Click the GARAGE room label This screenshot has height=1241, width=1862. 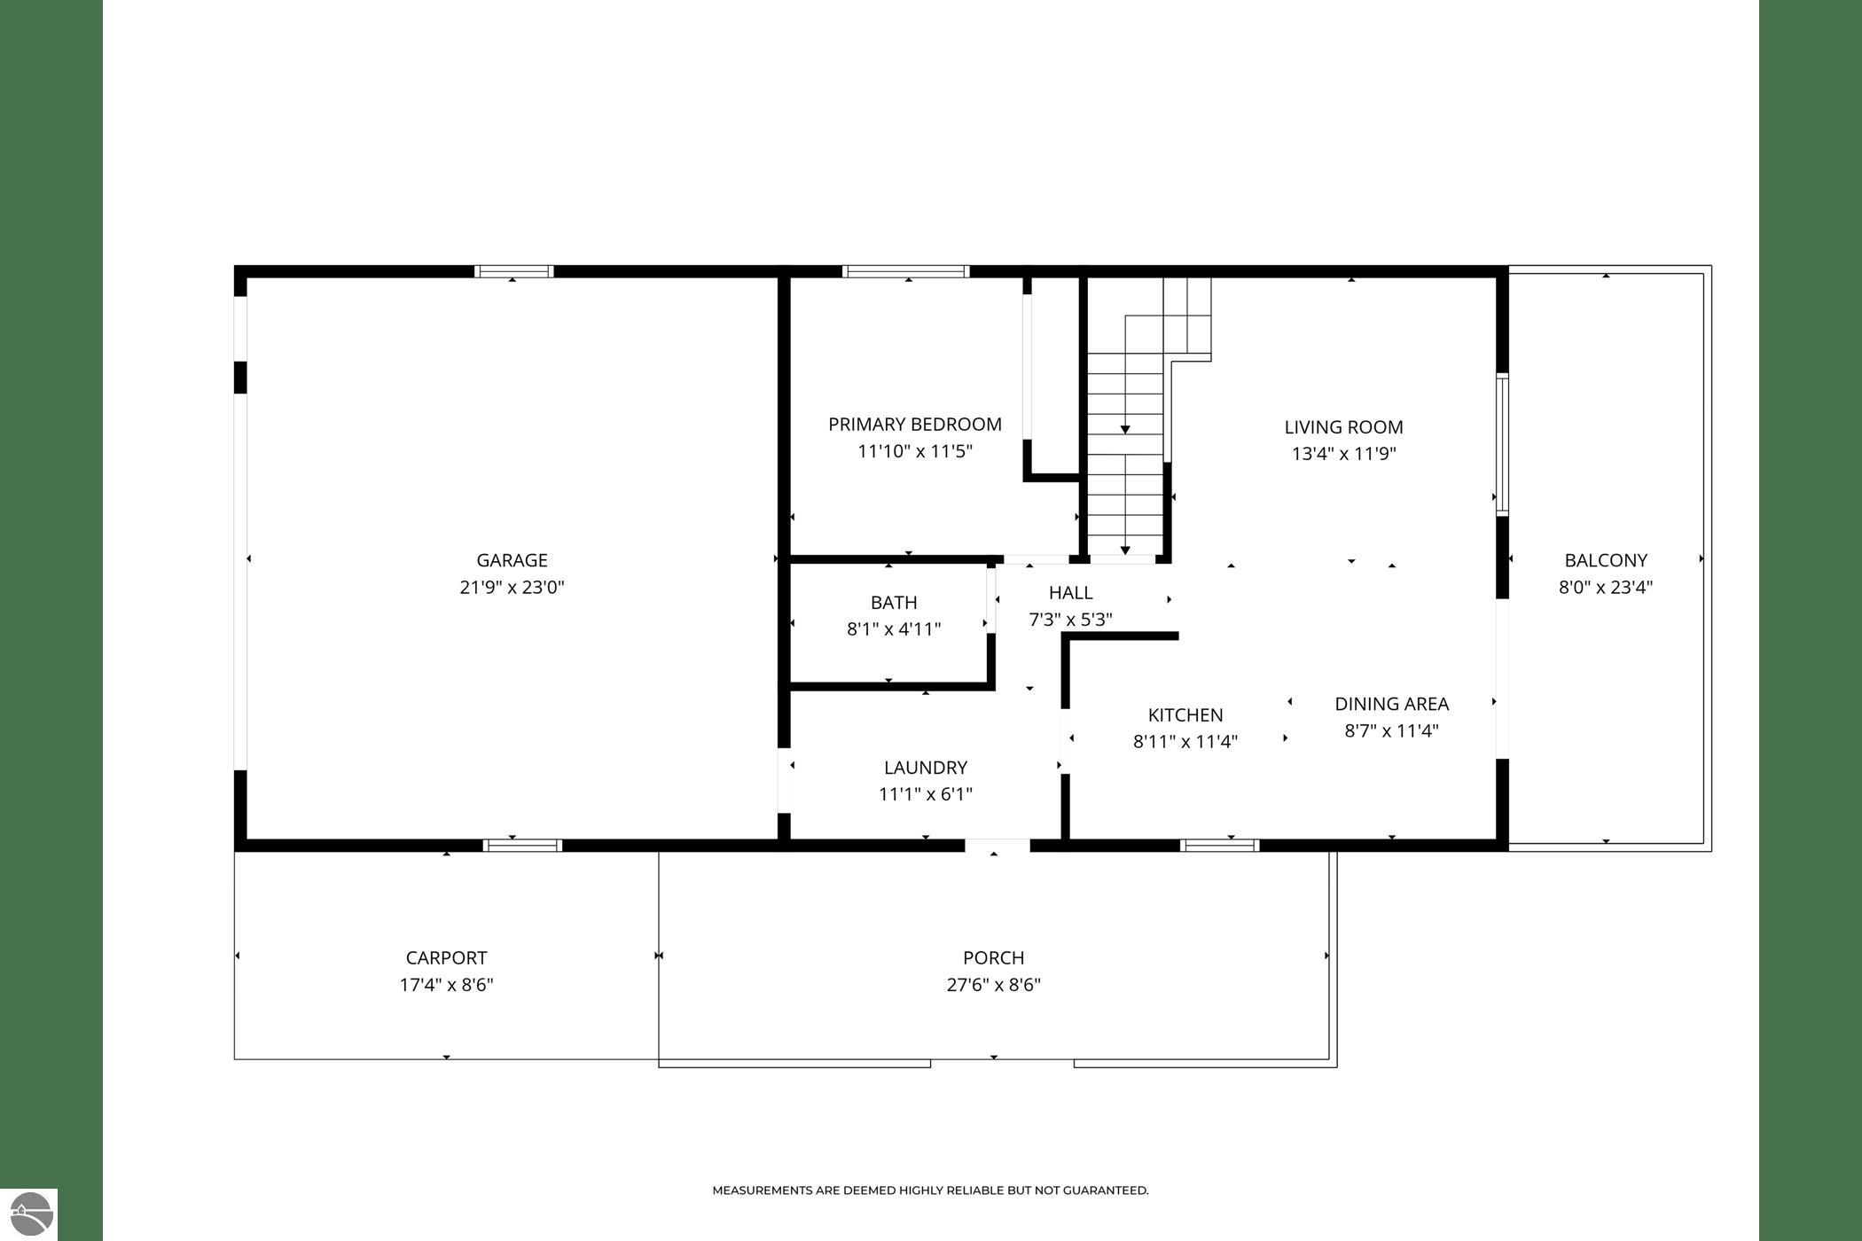512,560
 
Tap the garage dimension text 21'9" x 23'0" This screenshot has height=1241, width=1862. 512,587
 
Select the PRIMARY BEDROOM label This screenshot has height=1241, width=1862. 915,425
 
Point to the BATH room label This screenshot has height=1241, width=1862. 894,603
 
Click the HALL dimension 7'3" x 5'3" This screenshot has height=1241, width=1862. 1070,620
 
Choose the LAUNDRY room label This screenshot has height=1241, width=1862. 926,768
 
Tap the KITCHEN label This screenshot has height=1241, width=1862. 1185,715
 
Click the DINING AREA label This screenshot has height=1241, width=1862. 1392,704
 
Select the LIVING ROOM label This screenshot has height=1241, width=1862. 1344,427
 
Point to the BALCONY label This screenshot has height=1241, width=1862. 1606,560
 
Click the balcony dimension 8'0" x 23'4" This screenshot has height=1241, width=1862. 1606,587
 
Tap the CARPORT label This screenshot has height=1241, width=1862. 446,958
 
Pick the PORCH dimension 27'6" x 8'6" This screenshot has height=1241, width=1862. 993,985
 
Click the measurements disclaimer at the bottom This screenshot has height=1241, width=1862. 930,1190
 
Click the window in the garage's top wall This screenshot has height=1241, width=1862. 514,271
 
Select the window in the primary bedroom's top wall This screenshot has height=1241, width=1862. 905,271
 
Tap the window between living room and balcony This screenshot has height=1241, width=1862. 1502,444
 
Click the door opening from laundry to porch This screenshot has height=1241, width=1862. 997,846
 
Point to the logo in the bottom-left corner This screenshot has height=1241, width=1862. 28,1214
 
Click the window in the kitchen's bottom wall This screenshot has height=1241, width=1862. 1220,846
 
